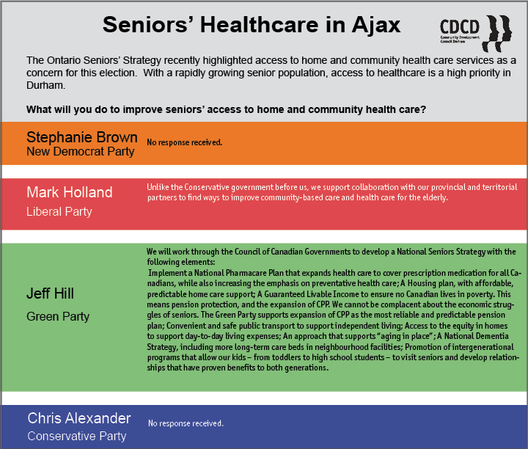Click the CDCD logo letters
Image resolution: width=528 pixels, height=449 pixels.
click(459, 27)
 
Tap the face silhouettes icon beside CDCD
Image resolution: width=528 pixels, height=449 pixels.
click(497, 33)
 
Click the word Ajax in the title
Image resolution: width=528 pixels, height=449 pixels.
click(376, 25)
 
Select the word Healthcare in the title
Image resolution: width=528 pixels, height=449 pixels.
click(260, 25)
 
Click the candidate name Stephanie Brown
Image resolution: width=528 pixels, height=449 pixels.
click(82, 137)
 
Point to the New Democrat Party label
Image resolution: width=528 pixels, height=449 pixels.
click(81, 152)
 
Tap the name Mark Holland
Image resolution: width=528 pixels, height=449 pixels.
click(70, 192)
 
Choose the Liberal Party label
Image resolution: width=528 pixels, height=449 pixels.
click(59, 211)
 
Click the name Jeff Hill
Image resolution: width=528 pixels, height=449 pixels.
click(50, 293)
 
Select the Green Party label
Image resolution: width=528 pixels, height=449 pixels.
click(58, 316)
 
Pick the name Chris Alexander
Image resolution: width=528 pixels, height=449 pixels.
click(79, 418)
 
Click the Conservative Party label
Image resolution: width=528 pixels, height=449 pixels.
click(77, 436)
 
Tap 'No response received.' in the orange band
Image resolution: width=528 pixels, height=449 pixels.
click(185, 142)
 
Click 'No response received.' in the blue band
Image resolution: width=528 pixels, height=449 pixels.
click(186, 423)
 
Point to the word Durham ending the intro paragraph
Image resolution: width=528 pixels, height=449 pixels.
click(45, 85)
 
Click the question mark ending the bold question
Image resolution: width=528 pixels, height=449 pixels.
click(423, 109)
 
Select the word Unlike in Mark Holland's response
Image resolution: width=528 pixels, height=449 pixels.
click(158, 187)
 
